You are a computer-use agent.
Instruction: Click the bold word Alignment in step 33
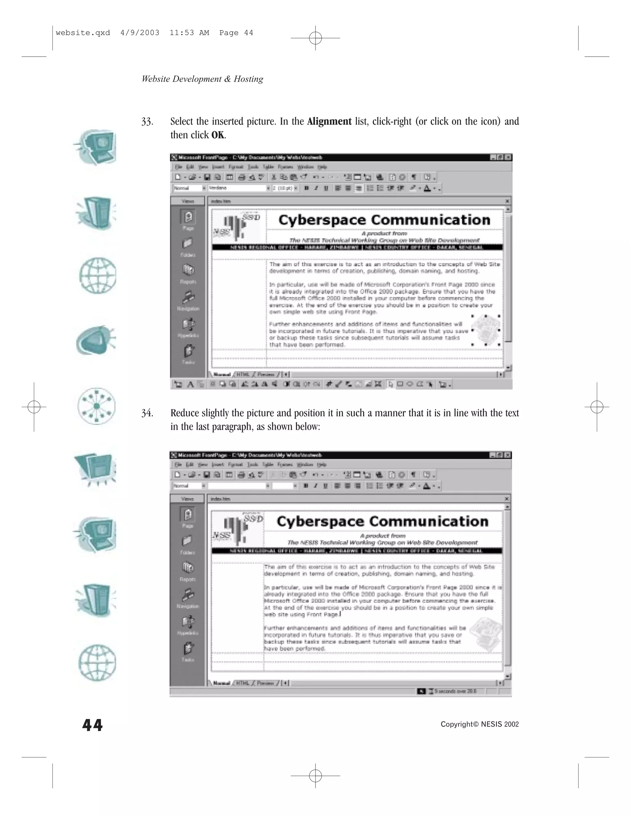pos(329,121)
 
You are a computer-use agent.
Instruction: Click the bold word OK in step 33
pos(218,135)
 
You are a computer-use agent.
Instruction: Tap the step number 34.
pos(147,413)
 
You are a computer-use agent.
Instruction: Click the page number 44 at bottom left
pos(92,725)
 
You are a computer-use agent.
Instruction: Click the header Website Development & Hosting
pos(202,79)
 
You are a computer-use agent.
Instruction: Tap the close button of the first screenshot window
pos(508,158)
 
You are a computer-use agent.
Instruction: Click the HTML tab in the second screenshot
pos(242,683)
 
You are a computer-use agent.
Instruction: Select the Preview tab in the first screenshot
pos(266,374)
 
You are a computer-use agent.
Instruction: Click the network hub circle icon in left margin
pos(96,406)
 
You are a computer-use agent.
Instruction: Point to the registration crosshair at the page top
pos(315,38)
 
